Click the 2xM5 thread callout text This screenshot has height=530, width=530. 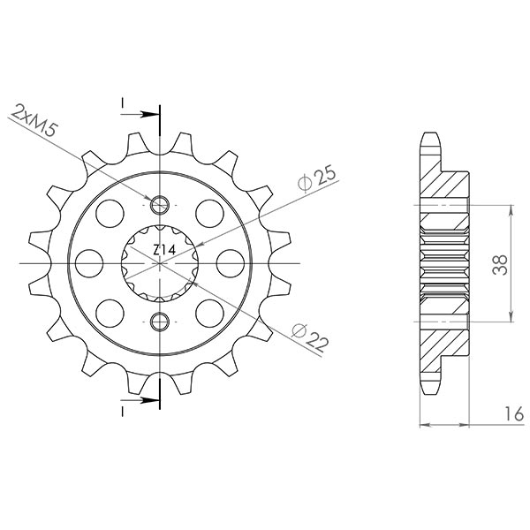(x=37, y=125)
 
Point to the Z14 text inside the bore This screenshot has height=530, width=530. (x=163, y=251)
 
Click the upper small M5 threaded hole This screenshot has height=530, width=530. (x=160, y=207)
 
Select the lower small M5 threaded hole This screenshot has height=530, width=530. (x=160, y=319)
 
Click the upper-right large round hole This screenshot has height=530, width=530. (x=208, y=212)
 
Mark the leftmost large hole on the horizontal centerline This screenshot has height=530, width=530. (x=88, y=262)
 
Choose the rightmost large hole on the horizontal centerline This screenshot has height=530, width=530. (x=231, y=262)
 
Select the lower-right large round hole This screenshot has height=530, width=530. (x=208, y=312)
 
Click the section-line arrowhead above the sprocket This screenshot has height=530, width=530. (x=152, y=113)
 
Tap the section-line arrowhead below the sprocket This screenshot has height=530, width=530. (x=152, y=411)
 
